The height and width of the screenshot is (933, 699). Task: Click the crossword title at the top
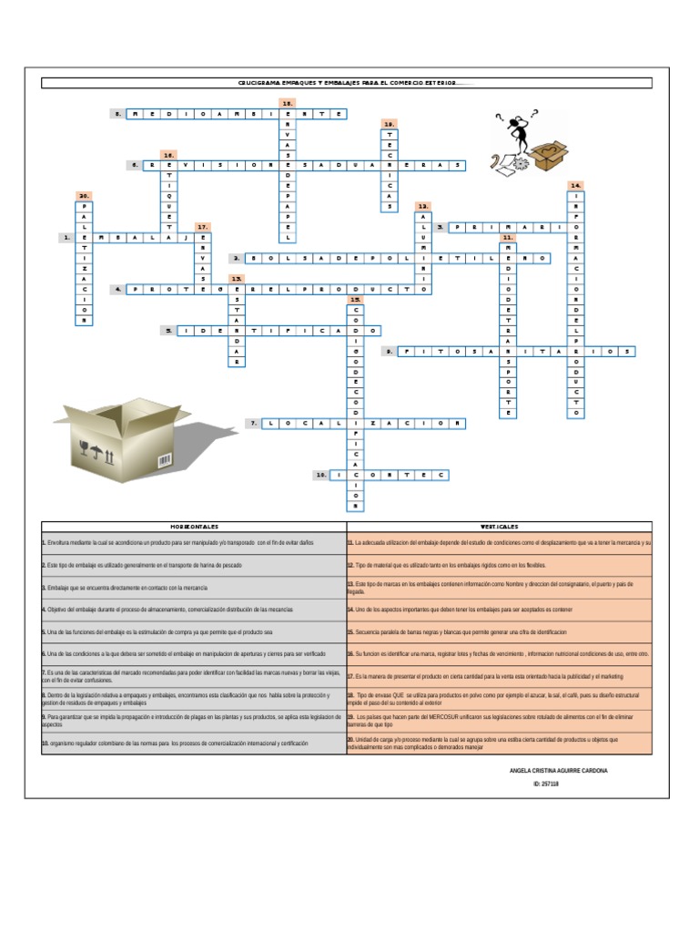[x=347, y=83]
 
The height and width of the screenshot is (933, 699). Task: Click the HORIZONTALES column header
[x=193, y=527]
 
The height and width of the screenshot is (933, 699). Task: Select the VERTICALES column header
[x=499, y=527]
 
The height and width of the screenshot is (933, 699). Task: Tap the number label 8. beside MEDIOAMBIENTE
[x=117, y=114]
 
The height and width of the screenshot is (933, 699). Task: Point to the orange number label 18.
[x=288, y=104]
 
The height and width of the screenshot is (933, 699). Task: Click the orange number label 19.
[x=389, y=123]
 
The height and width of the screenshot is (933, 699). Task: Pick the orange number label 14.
[x=575, y=185]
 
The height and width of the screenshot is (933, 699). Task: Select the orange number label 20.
[x=83, y=196]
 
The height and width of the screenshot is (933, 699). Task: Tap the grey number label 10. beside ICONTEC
[x=320, y=476]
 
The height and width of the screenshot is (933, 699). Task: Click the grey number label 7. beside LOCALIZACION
[x=254, y=424]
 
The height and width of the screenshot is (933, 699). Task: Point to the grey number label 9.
[x=388, y=351]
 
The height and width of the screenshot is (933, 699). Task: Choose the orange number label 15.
[x=356, y=300]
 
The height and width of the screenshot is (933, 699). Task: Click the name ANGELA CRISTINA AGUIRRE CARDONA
[x=559, y=771]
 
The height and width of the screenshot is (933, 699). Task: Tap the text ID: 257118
[x=546, y=784]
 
